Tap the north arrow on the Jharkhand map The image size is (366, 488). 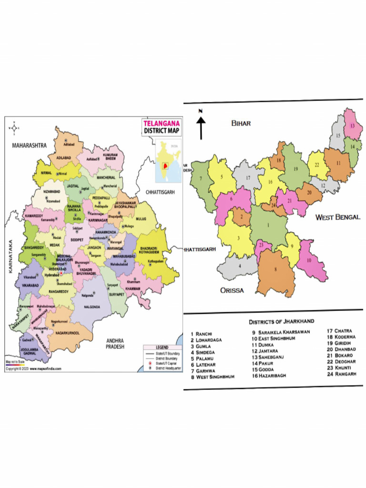pyautogui.click(x=201, y=125)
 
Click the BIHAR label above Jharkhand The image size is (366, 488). pyautogui.click(x=241, y=123)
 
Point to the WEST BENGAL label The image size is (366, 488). pyautogui.click(x=337, y=217)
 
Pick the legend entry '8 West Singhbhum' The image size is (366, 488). pyautogui.click(x=212, y=377)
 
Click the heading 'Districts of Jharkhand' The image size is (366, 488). pyautogui.click(x=281, y=321)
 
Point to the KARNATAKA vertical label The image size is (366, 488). pyautogui.click(x=10, y=257)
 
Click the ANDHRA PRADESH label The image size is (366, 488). pyautogui.click(x=115, y=344)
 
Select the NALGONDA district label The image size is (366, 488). pyautogui.click(x=92, y=307)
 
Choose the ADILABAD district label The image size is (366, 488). pyautogui.click(x=64, y=156)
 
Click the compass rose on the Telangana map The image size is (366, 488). pyautogui.click(x=15, y=127)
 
